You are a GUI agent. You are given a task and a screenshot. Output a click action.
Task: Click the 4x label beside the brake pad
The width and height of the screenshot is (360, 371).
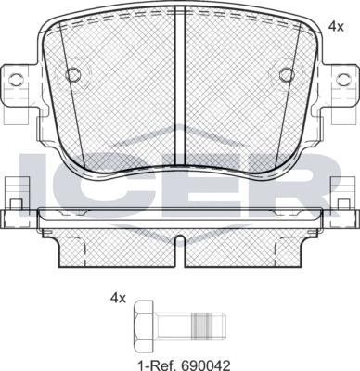coord(336,27)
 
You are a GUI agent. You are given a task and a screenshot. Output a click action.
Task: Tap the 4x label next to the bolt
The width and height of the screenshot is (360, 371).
coord(119,299)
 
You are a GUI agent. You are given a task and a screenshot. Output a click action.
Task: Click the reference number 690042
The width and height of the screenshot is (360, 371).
coord(207,365)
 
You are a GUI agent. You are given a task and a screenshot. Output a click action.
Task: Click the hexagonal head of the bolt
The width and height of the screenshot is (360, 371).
coord(144,323)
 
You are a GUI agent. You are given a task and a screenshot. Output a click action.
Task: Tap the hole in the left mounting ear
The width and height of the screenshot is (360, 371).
coord(16,80)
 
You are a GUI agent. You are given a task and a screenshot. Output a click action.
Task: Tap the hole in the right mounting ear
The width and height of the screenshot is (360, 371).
coord(343,80)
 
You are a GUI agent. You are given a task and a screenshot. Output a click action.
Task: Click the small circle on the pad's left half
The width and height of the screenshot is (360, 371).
coord(73,75)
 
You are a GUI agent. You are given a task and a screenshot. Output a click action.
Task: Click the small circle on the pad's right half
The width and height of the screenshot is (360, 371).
coord(287,75)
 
